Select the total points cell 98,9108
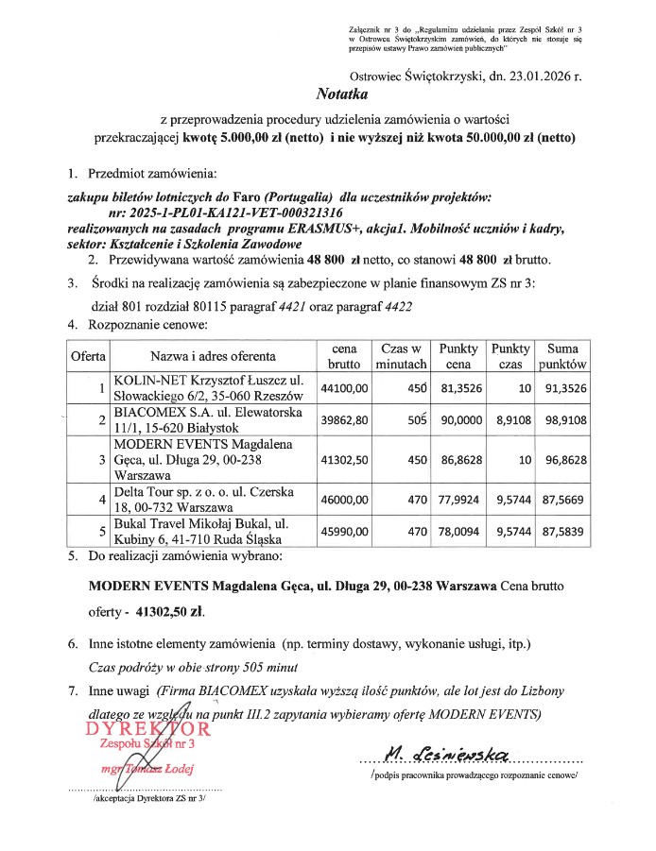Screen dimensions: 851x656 click(x=563, y=420)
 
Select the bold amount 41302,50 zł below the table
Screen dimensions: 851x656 click(x=170, y=611)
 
